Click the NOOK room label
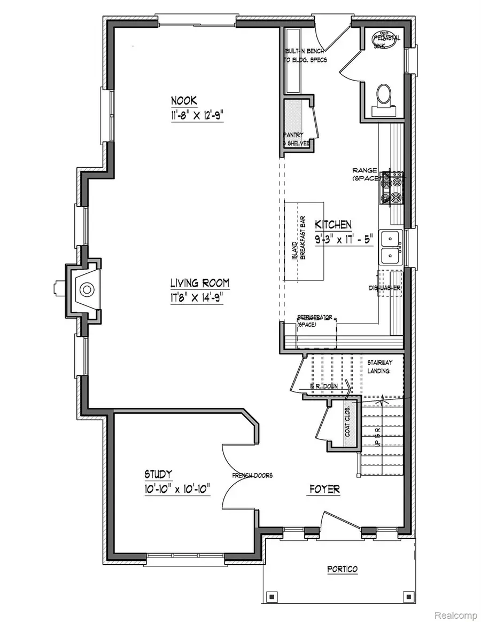(x=184, y=100)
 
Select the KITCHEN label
(x=332, y=224)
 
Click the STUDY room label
(x=158, y=474)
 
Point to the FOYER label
(x=324, y=489)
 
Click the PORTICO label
(x=342, y=569)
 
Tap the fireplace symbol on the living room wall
(x=86, y=290)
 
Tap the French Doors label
(x=252, y=475)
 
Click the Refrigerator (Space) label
(x=316, y=320)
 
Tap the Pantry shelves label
(x=296, y=139)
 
